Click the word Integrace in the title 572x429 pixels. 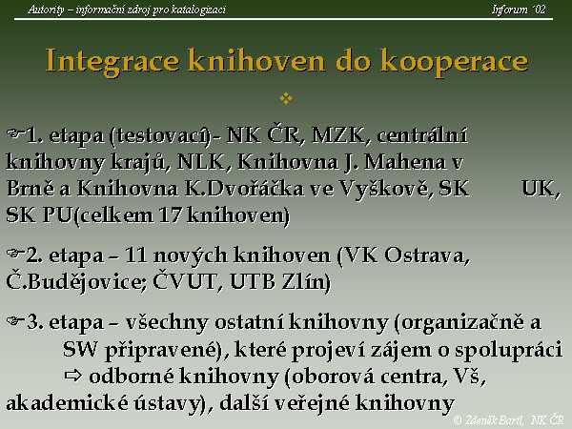pos(112,61)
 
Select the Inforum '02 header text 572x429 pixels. pos(519,10)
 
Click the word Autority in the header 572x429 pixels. pos(46,10)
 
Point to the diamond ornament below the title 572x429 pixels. pos(286,98)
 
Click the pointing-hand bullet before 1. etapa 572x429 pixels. pos(15,133)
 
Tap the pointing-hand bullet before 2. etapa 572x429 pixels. pos(15,253)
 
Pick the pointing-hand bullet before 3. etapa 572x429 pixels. pos(15,320)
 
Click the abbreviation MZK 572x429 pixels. pos(338,135)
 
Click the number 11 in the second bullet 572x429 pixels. pos(135,255)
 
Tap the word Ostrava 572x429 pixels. pos(426,255)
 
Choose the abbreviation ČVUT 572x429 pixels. pos(185,281)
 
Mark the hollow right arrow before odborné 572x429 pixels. pos(73,376)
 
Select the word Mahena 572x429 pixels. pos(405,162)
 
